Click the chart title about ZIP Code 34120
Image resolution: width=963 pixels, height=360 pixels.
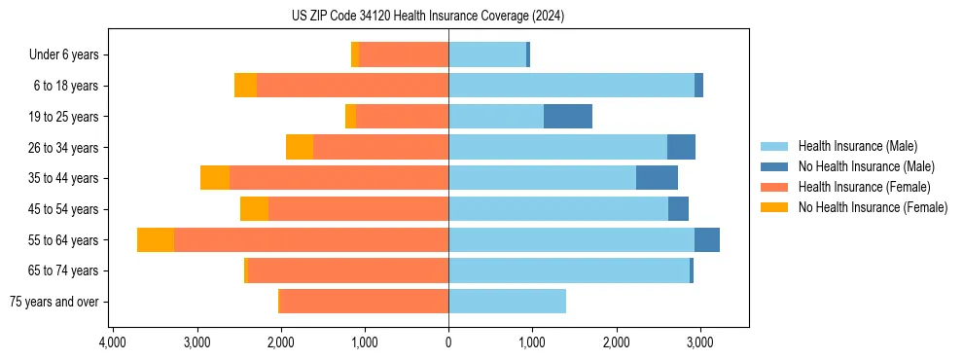(x=428, y=17)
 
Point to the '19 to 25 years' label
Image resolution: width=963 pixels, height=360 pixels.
(x=64, y=117)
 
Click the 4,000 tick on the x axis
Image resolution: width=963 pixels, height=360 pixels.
(x=113, y=343)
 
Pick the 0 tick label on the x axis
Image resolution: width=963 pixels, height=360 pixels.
(x=448, y=343)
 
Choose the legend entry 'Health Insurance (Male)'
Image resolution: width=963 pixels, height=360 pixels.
(x=857, y=146)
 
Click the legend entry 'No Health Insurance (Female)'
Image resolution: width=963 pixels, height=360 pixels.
(x=873, y=207)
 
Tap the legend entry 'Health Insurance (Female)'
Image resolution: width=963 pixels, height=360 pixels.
(x=864, y=187)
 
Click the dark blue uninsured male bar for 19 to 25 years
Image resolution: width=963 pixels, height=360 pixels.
(x=568, y=117)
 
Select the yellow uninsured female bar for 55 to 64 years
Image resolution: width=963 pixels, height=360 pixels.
(x=156, y=240)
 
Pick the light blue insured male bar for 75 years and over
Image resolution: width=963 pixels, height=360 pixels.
(x=507, y=302)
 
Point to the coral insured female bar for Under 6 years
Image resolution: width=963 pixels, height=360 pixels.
(x=404, y=55)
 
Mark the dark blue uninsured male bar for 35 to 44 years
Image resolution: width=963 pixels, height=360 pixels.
(x=657, y=178)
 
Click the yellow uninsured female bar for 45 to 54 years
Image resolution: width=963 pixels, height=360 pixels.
(x=255, y=209)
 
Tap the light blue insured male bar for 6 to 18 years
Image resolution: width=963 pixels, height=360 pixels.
(x=571, y=86)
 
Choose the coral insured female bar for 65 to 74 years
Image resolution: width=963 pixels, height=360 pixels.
(x=348, y=270)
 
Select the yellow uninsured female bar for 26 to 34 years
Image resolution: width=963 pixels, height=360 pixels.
(x=300, y=148)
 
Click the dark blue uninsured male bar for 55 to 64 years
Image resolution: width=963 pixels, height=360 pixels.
(x=707, y=240)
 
